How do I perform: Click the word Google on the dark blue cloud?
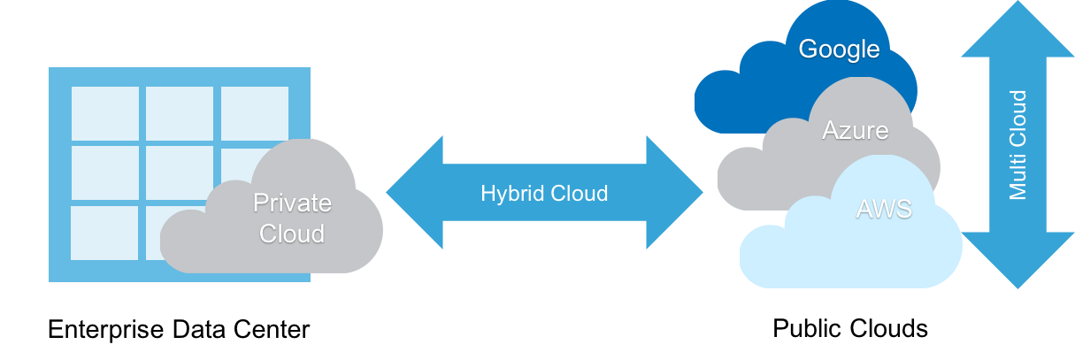pyautogui.click(x=839, y=50)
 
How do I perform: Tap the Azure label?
pyautogui.click(x=855, y=131)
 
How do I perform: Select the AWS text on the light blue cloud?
pyautogui.click(x=883, y=210)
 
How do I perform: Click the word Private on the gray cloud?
pyautogui.click(x=292, y=203)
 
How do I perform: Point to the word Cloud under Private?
pyautogui.click(x=292, y=234)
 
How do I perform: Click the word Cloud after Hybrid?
pyautogui.click(x=576, y=193)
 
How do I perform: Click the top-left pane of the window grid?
pyautogui.click(x=104, y=112)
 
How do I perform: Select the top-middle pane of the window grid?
pyautogui.click(x=180, y=112)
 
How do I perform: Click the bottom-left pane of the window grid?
pyautogui.click(x=104, y=233)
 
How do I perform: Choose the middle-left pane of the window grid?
pyautogui.click(x=104, y=172)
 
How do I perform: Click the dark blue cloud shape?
pyautogui.click(x=752, y=97)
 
